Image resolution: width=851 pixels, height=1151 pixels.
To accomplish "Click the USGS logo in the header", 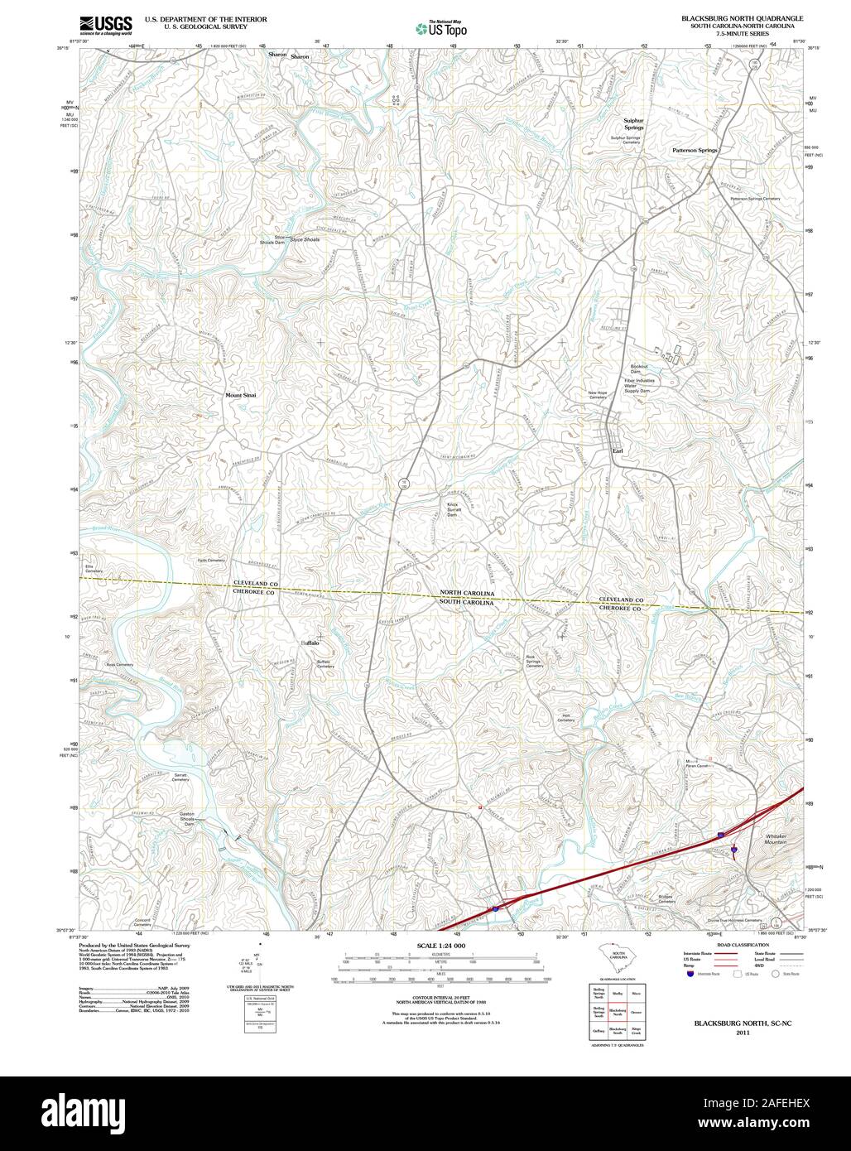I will [x=106, y=26].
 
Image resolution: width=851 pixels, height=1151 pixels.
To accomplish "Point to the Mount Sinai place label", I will [x=241, y=395].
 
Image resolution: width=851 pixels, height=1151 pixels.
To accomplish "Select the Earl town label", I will [x=617, y=450].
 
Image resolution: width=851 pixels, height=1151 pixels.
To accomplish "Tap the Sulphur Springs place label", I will [x=633, y=124].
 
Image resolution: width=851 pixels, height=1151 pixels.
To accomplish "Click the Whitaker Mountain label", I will [x=776, y=839].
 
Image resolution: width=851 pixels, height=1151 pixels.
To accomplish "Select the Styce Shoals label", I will [x=304, y=239].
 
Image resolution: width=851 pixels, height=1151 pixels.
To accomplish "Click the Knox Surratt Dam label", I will [x=452, y=509].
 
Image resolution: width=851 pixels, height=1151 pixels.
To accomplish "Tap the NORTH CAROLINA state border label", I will [x=467, y=594].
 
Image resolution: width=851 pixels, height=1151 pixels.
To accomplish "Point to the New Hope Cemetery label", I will [x=598, y=395].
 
